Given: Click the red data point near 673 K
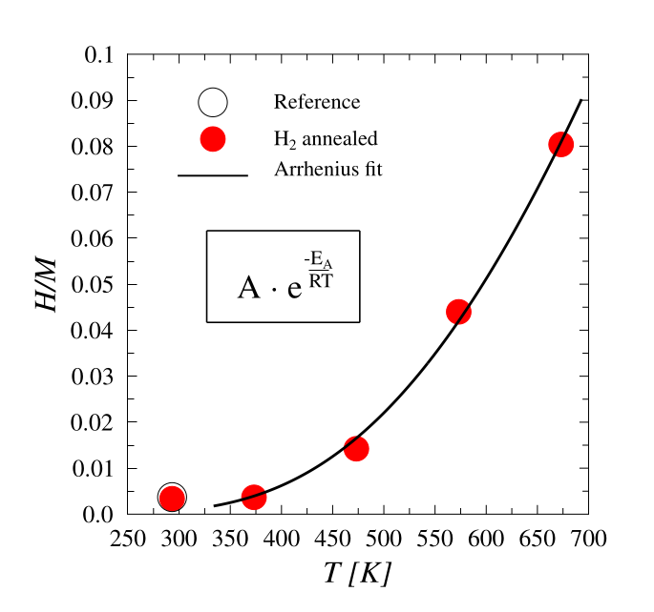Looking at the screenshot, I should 560,144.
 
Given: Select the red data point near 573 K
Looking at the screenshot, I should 458,312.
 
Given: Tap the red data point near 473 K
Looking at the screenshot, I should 356,448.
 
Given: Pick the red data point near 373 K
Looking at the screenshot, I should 254,497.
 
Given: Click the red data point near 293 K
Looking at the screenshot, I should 172,498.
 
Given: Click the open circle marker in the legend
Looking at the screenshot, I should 212,102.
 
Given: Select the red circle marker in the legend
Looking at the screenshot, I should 212,138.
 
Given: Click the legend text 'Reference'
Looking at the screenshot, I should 317,103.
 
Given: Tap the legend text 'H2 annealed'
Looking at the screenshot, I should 326,139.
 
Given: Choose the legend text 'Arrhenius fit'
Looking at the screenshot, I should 328,171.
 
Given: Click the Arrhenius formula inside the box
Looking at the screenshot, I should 284,276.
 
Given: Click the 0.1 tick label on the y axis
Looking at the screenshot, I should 99,55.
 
